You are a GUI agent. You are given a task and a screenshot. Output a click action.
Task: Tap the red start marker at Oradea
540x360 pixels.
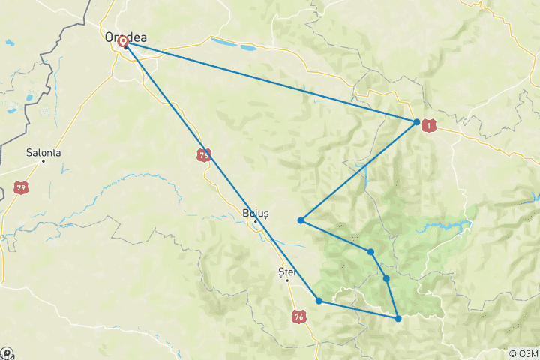[124, 43]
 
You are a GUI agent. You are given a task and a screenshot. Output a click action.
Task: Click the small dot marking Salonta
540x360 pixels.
[43, 160]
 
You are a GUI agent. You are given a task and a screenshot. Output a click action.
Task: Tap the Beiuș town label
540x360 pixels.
[256, 212]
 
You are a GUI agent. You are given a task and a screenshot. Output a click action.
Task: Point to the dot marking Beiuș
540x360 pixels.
[256, 221]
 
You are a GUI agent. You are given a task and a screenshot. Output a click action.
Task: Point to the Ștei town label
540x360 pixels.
[287, 271]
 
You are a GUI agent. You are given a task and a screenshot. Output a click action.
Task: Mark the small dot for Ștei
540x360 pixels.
[286, 280]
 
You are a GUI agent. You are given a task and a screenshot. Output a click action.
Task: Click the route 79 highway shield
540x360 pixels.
[21, 187]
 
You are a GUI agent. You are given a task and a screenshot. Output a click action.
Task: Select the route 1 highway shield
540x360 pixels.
[429, 126]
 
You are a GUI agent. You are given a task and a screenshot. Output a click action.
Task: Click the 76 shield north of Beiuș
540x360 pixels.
[205, 154]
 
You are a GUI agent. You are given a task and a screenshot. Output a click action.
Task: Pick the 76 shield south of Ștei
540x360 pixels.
[299, 317]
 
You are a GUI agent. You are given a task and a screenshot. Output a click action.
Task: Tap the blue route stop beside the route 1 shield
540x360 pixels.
[416, 121]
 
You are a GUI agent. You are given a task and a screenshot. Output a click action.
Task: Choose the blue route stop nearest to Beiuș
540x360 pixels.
[300, 220]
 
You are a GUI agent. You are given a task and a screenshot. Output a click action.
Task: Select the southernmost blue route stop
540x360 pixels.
[398, 319]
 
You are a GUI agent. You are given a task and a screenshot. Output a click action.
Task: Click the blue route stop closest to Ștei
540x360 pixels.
[319, 301]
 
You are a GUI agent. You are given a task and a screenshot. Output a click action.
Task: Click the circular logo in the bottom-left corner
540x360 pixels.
[6, 353]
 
